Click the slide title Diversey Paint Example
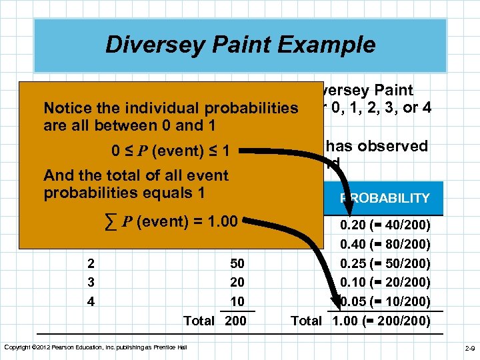[x=240, y=45]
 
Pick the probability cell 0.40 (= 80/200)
[x=385, y=245]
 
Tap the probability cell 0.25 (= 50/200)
[x=385, y=263]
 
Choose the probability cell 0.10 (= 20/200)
[x=385, y=282]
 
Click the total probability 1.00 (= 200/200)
[x=381, y=321]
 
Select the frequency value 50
[x=237, y=263]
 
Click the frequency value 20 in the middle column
[x=237, y=282]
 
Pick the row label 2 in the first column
[x=91, y=263]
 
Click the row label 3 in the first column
[x=91, y=282]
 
